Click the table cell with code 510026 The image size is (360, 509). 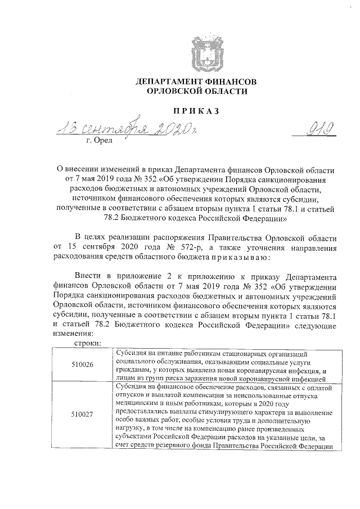[x=83, y=365]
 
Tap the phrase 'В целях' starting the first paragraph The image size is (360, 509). [x=89, y=237]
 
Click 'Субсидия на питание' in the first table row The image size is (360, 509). [x=147, y=353]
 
